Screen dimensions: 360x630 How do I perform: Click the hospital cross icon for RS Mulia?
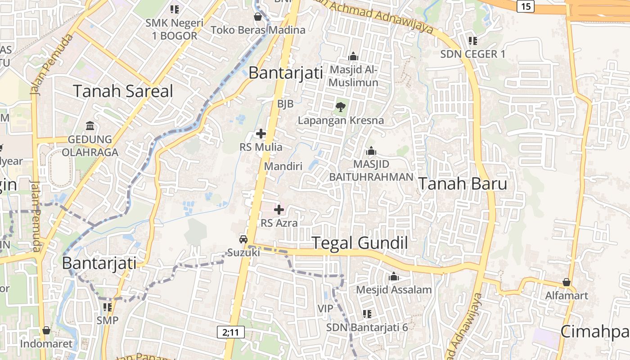[261, 134]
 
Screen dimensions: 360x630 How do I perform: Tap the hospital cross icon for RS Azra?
[279, 209]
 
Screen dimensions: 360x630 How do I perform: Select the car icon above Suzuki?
[243, 239]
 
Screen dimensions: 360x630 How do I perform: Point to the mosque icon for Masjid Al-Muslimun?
[353, 57]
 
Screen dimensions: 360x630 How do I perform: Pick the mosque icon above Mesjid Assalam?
[394, 276]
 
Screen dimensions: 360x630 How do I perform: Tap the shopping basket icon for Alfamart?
[567, 282]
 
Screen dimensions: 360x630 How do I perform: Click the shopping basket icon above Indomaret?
[46, 330]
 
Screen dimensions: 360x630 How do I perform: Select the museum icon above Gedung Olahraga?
[90, 125]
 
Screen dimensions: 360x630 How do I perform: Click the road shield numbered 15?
[525, 6]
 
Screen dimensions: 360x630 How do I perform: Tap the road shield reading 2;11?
[230, 332]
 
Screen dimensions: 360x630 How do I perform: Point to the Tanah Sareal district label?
[123, 91]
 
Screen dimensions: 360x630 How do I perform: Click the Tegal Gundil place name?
[360, 243]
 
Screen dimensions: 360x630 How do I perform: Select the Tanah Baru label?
[463, 184]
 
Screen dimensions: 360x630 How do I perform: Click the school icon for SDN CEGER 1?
[472, 41]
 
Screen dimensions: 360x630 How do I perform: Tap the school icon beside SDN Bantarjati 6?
[367, 314]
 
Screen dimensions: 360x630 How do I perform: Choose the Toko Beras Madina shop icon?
[258, 17]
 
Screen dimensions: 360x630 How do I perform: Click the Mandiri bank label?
[283, 166]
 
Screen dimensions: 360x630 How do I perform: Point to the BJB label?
[285, 104]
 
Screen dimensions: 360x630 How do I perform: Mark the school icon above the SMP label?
[108, 307]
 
